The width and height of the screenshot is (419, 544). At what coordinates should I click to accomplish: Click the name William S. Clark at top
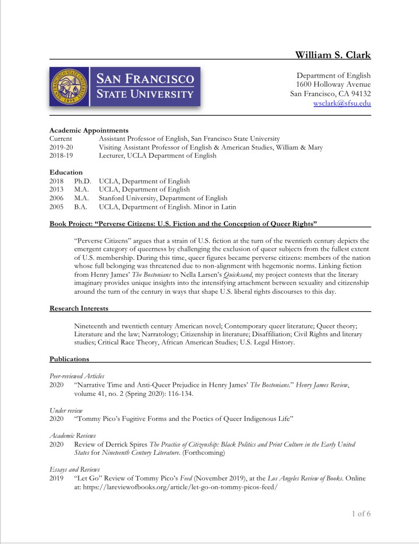(333, 55)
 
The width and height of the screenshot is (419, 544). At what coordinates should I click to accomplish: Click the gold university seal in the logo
(69, 87)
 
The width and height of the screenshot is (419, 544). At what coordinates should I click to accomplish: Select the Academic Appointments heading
(89, 130)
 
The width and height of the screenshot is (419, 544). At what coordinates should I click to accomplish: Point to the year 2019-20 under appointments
(61, 147)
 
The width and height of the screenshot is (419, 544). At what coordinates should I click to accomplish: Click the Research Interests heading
(79, 308)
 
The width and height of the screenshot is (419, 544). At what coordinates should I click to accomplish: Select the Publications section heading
(69, 359)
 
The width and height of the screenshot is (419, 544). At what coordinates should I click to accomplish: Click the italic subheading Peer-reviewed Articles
(77, 376)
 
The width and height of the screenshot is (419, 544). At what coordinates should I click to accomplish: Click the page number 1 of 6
(361, 513)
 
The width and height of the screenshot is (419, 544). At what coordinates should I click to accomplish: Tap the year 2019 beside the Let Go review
(56, 478)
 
